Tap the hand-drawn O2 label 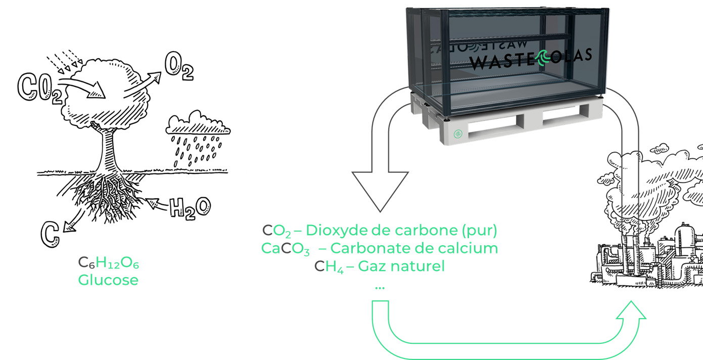pyautogui.click(x=178, y=68)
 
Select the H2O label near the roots pyautogui.click(x=190, y=207)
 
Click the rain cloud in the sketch pyautogui.click(x=198, y=124)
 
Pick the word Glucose pyautogui.click(x=108, y=280)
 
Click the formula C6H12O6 pyautogui.click(x=108, y=262)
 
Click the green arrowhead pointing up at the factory pyautogui.click(x=631, y=310)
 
